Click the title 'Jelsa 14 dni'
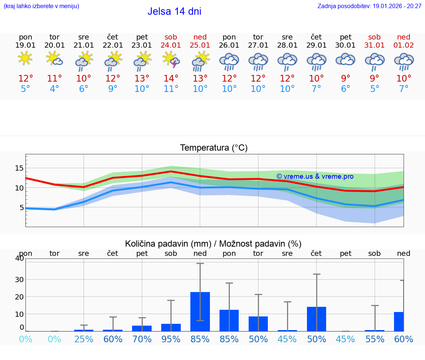pos(174,11)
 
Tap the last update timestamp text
pos(369,6)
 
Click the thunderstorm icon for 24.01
pos(171,60)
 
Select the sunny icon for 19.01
pos(25,58)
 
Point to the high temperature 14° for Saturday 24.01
pos(171,78)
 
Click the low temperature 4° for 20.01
pos(54,89)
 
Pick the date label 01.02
pos(404,45)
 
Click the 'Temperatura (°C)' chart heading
pos(214,148)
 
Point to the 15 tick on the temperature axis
pos(19,168)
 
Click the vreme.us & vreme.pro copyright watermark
pos(315,176)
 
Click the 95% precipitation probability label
pos(171,339)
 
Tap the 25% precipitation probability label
pos(84,339)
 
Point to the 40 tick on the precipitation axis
pos(19,258)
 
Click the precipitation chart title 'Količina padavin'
pos(213,244)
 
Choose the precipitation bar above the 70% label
pos(142,328)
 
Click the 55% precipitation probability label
pos(375,339)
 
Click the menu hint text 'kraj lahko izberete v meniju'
pos(41,6)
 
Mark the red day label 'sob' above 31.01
pos(374,37)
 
